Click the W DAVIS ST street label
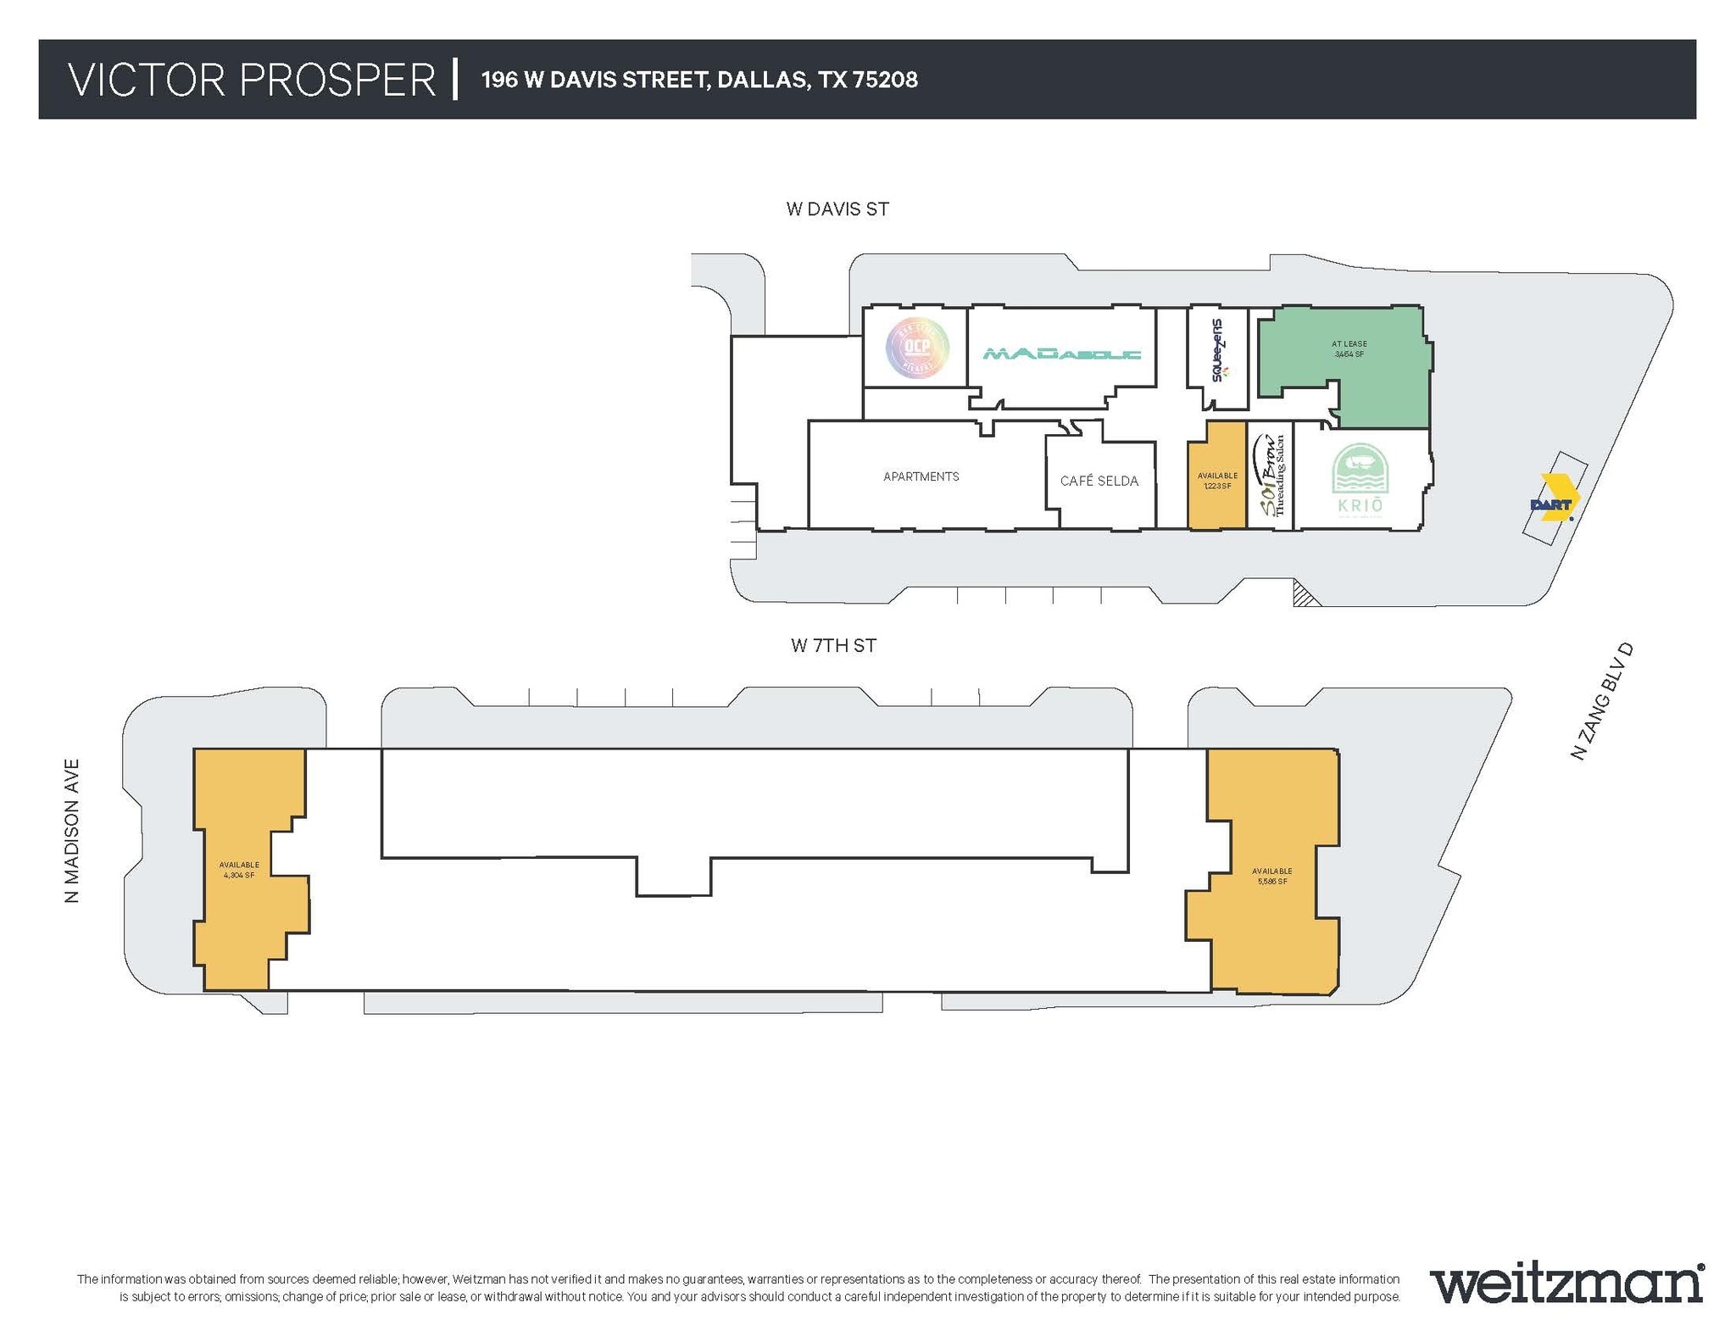pyautogui.click(x=837, y=209)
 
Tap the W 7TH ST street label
pyautogui.click(x=833, y=646)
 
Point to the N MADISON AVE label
pyautogui.click(x=72, y=831)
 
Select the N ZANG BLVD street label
pyautogui.click(x=1601, y=701)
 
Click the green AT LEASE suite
pyautogui.click(x=1348, y=365)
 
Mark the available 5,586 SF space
pyautogui.click(x=1271, y=876)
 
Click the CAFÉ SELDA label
pyautogui.click(x=1099, y=482)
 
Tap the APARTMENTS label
pyautogui.click(x=921, y=477)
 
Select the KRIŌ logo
pyautogui.click(x=1360, y=481)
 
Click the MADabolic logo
pyautogui.click(x=1061, y=354)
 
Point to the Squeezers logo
pyautogui.click(x=1218, y=350)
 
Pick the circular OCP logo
pyautogui.click(x=917, y=347)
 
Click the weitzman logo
pyautogui.click(x=1566, y=1285)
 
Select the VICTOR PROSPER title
pyautogui.click(x=252, y=81)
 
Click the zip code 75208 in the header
pyautogui.click(x=885, y=81)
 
